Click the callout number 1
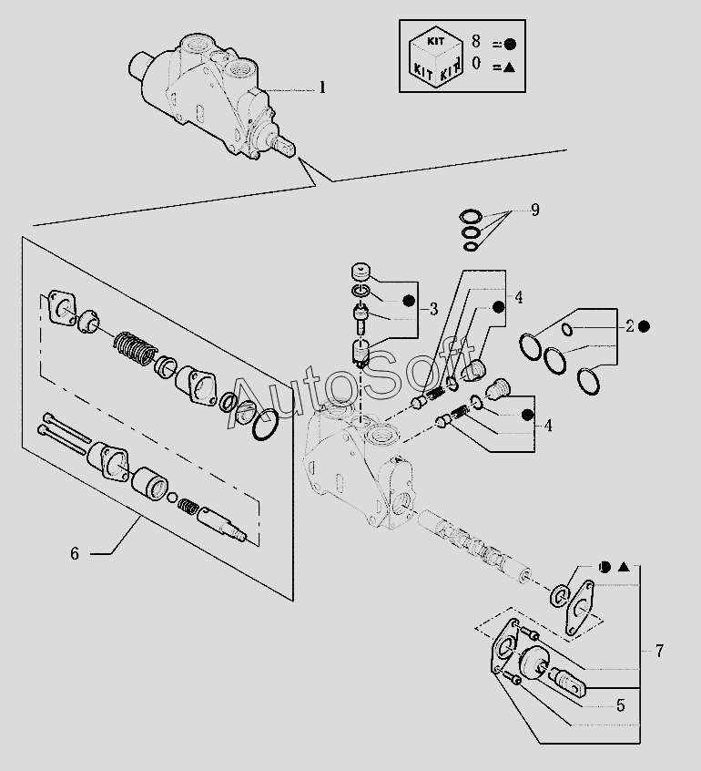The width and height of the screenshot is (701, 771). [x=321, y=88]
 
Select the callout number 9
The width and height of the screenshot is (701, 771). [x=535, y=211]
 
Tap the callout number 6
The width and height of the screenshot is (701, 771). [x=75, y=553]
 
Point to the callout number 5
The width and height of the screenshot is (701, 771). [x=621, y=704]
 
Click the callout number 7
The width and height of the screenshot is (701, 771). [x=659, y=651]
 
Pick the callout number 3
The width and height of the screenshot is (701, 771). [x=434, y=307]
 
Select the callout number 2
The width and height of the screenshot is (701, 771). [x=628, y=326]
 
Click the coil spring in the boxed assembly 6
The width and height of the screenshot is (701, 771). [x=134, y=347]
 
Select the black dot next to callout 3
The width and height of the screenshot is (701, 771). [x=409, y=301]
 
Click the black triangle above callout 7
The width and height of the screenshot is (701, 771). [x=624, y=567]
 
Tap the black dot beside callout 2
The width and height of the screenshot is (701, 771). [x=645, y=326]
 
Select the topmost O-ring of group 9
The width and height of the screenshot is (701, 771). [x=472, y=216]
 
